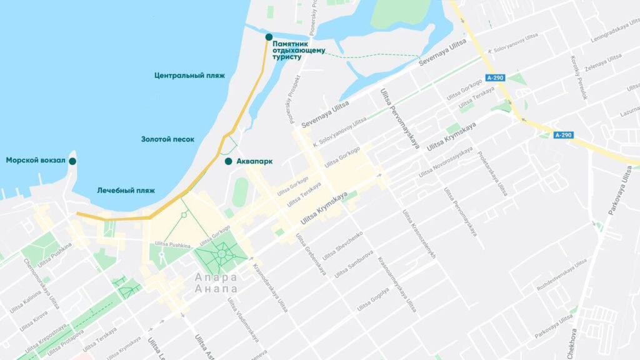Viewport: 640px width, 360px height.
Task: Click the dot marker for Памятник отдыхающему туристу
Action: pos(269,37)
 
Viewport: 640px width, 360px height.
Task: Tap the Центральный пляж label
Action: pos(189,76)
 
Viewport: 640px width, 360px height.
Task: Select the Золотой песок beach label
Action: pos(167,139)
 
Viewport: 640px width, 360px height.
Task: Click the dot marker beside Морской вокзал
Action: pos(72,161)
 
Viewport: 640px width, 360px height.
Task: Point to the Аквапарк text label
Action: pos(254,162)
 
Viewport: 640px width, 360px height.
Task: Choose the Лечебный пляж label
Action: pos(126,191)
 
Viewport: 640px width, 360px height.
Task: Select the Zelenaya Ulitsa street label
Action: pos(604,62)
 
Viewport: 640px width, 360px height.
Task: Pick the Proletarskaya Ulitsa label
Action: pos(492,174)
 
